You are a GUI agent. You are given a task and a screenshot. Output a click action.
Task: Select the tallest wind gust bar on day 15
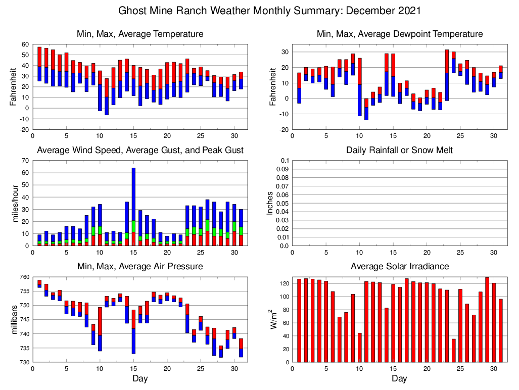pos(133,202)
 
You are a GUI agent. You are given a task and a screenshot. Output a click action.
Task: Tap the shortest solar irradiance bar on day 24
pos(454,350)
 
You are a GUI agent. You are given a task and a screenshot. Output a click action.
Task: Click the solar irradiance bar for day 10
pos(360,348)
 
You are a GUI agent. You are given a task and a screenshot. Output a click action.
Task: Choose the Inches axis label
pos(270,203)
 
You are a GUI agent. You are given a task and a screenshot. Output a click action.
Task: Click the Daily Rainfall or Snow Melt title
pos(399,150)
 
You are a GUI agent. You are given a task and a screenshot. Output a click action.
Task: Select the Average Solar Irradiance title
pos(399,266)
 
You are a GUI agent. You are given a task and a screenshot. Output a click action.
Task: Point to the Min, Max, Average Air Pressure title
pos(140,266)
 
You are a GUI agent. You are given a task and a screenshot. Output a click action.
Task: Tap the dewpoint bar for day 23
pos(447,75)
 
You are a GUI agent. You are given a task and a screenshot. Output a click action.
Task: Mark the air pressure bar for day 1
pos(39,283)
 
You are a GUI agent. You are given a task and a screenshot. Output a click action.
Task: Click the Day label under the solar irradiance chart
pos(399,378)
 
